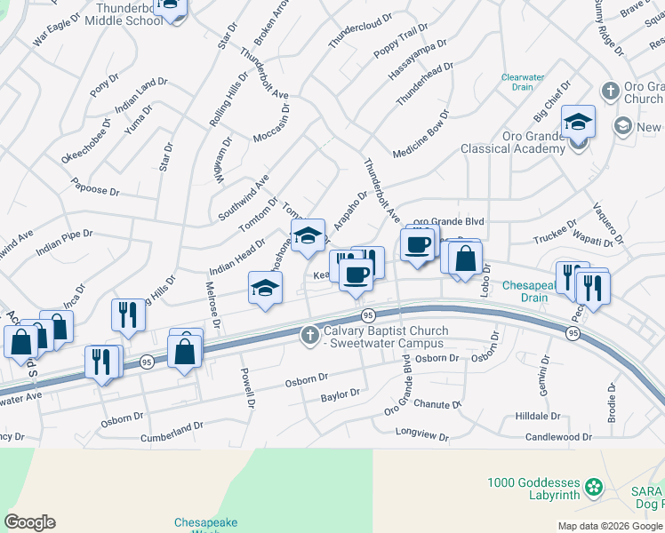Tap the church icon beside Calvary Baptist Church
coord(310,335)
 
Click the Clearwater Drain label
coord(522,82)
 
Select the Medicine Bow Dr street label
coord(421,134)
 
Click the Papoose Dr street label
coord(96,190)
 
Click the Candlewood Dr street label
coord(558,437)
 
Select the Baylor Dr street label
coord(341,393)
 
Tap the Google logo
coord(29,522)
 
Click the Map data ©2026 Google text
coord(609,526)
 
